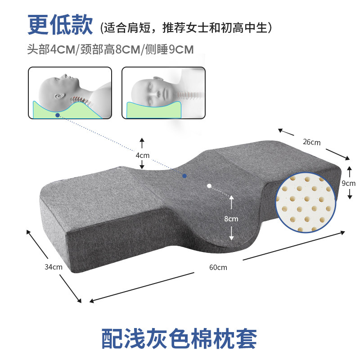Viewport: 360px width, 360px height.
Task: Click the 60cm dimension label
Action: [x=218, y=267]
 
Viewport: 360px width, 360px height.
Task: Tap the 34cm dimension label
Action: [x=54, y=266]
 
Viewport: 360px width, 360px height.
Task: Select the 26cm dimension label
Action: [x=311, y=142]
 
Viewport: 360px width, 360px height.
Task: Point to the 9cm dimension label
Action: [x=349, y=183]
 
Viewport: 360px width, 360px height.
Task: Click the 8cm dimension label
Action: [x=231, y=219]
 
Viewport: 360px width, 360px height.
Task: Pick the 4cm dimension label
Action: [x=142, y=155]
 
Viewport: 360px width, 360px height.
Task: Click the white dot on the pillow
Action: [x=209, y=185]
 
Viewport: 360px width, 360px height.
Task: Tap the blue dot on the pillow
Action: [x=184, y=175]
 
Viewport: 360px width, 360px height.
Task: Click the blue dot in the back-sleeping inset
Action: [x=58, y=115]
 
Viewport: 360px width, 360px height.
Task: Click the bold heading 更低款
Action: [x=59, y=25]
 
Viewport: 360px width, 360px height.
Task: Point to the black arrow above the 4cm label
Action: [x=142, y=143]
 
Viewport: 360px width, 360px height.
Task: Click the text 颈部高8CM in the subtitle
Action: [x=111, y=49]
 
